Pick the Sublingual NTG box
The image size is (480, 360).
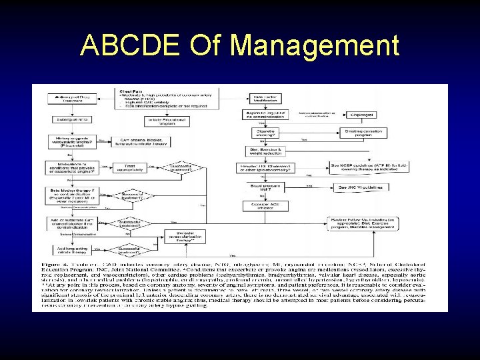coord(73,120)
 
